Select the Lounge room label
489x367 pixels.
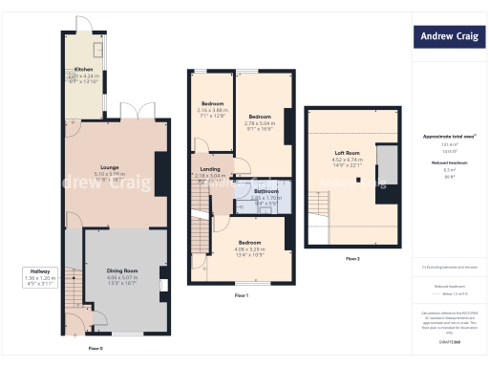tap(106, 171)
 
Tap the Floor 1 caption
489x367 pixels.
tap(241, 295)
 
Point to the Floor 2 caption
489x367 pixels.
tap(352, 259)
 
